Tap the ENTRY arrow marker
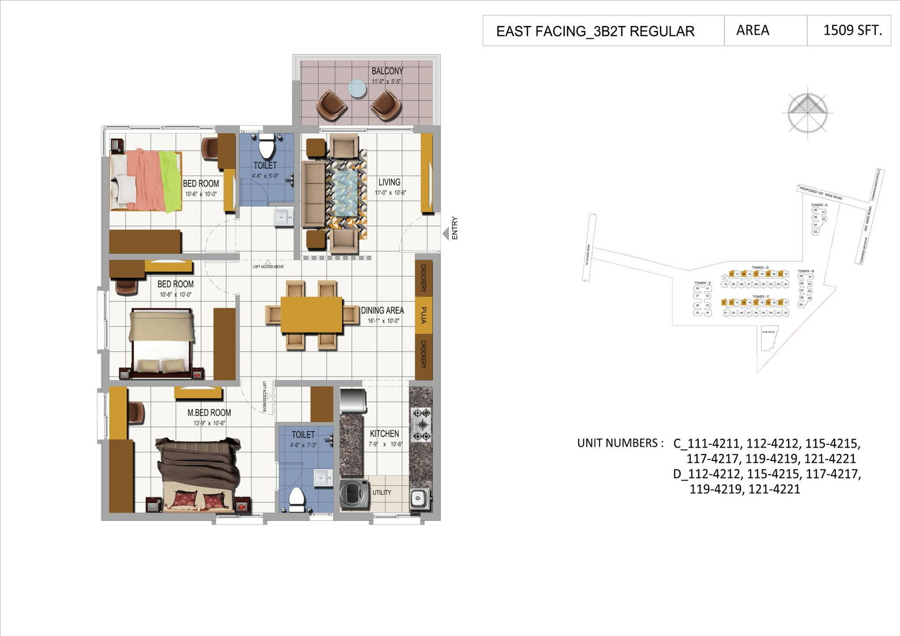445,233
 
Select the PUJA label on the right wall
423,315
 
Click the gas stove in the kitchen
421,425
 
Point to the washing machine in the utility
353,494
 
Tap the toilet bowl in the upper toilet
265,148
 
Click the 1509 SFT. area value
852,30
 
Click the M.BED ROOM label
209,412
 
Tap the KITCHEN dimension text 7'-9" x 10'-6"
385,444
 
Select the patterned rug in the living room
345,193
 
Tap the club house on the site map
768,336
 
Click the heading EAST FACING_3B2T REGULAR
595,31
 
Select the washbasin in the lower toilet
323,477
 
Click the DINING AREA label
382,310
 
